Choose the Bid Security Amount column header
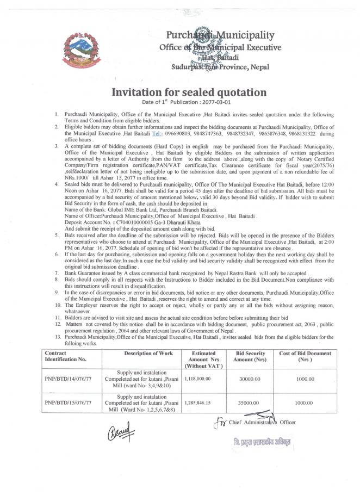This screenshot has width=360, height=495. [250, 357]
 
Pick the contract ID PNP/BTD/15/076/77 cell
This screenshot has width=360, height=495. [68, 403]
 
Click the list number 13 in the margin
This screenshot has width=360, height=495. [58, 337]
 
